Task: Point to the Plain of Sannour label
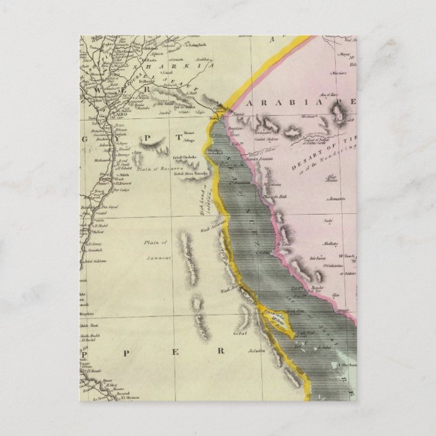[x=156, y=246]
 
